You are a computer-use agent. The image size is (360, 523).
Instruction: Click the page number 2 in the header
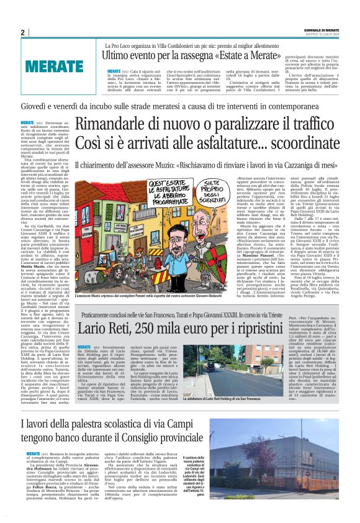(22, 33)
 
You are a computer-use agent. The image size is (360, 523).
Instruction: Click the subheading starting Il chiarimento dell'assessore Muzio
(211, 166)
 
